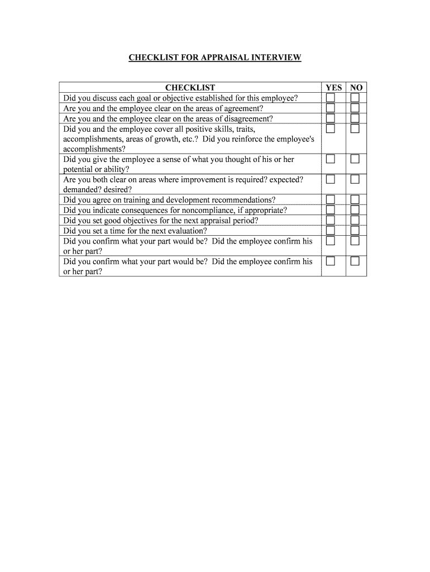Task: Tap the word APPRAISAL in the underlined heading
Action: tap(217, 58)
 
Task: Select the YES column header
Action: tap(333, 88)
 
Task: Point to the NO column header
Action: tap(356, 88)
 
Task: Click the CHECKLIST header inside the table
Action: tap(190, 88)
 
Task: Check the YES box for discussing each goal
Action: tap(331, 98)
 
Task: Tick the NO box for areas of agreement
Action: tap(355, 108)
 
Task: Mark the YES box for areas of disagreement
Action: tap(331, 118)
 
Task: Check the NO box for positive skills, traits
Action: tap(355, 129)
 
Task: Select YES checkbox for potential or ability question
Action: tap(331, 160)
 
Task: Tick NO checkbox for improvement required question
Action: tap(355, 180)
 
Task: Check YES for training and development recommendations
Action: tap(331, 200)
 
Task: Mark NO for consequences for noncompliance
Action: tap(355, 210)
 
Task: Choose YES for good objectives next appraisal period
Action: tap(331, 221)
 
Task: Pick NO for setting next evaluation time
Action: tap(355, 231)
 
